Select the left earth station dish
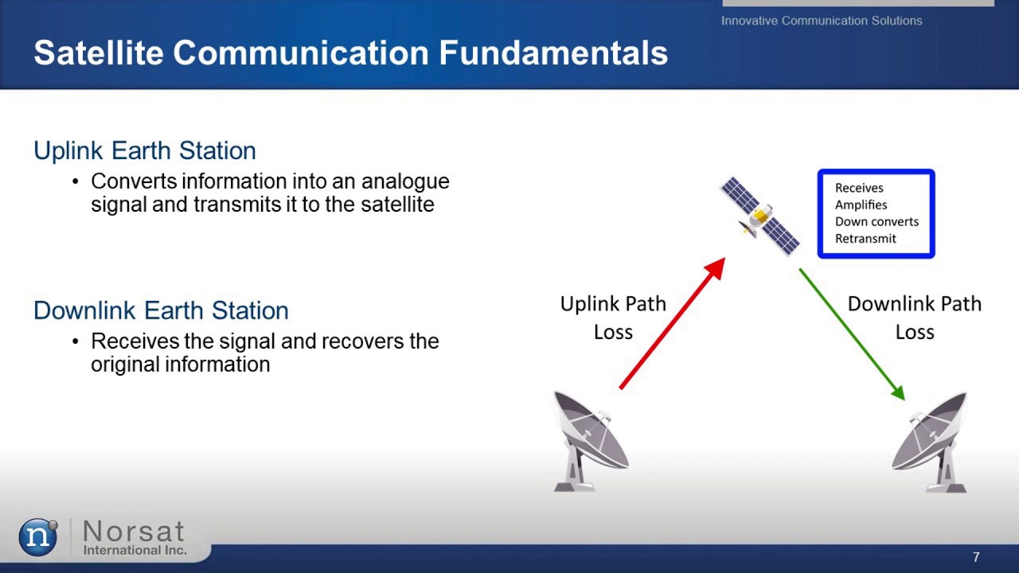591,440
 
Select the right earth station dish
931,440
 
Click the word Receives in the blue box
859,188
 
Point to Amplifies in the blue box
861,205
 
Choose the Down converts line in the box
876,221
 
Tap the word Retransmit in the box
865,238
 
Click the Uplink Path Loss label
613,318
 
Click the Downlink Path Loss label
914,318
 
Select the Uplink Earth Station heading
145,150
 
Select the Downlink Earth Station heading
161,310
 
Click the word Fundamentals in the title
553,53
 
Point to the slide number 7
976,557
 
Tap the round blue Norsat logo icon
38,537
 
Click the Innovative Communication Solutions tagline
822,21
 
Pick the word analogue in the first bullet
405,181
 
